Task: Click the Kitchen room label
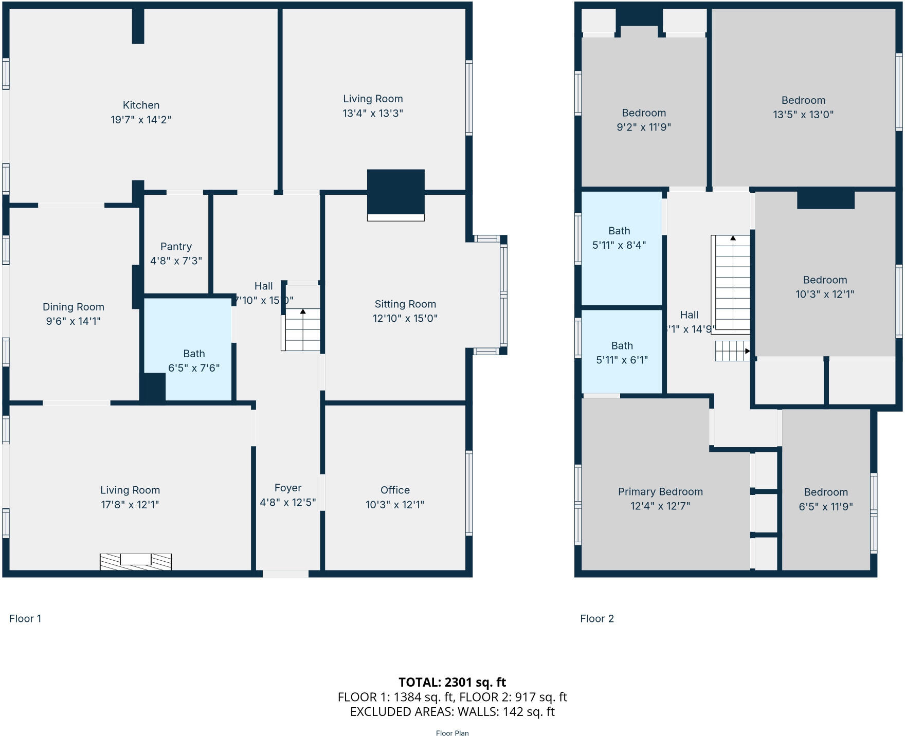[141, 105]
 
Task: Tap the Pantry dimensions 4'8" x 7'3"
[176, 261]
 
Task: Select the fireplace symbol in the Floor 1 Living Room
[135, 561]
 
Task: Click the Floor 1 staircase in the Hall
[302, 329]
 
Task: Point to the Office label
[395, 490]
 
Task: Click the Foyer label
[287, 488]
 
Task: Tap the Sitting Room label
[405, 304]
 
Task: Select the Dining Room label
[73, 307]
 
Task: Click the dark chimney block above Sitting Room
[395, 191]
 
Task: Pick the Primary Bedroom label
[660, 491]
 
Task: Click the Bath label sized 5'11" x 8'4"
[619, 231]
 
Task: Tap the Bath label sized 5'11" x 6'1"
[622, 346]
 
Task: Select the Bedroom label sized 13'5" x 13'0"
[803, 100]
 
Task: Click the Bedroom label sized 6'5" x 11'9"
[825, 492]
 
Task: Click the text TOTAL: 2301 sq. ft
[452, 682]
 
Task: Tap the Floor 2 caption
[596, 618]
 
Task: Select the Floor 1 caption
[25, 618]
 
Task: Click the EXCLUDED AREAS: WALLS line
[452, 711]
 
